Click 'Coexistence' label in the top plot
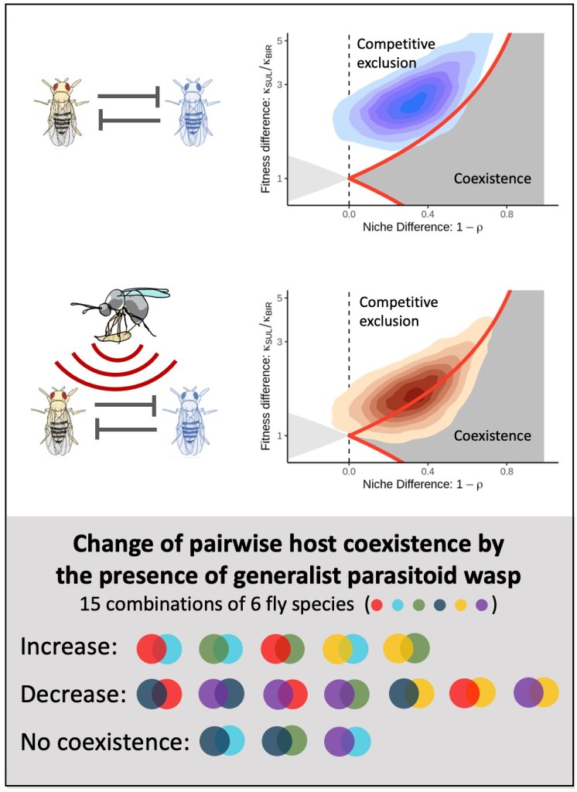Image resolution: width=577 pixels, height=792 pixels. point(493,179)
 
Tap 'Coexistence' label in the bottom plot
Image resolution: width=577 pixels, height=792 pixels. point(493,435)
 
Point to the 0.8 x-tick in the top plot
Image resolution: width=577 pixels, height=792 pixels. point(507,214)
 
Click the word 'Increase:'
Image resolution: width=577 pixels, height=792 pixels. point(69,648)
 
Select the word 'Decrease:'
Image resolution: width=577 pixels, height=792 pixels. point(74,694)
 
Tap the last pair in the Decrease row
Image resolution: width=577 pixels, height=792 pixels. point(536,694)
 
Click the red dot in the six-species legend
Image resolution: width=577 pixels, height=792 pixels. point(379,604)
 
